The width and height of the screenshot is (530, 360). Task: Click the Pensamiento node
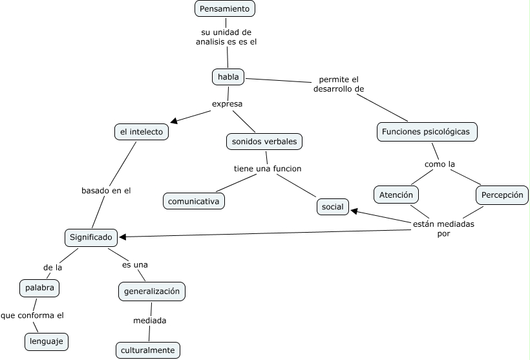pos(225,8)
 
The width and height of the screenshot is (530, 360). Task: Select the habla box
pos(228,77)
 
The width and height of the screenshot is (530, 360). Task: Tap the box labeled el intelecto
pos(142,132)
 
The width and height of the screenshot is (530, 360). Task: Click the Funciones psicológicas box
pos(427,132)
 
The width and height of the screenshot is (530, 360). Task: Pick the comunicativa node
pos(194,201)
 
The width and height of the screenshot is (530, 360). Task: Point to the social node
pos(333,207)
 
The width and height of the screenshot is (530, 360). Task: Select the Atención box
pos(396,194)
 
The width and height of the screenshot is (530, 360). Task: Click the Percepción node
pos(502,194)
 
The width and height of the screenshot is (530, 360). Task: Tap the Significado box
pos(92,237)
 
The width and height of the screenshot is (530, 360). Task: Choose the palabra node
pos(39,288)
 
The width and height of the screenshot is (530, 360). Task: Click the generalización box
pos(152,291)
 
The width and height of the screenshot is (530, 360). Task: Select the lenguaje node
pos(47,341)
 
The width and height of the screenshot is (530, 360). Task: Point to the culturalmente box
pos(147,350)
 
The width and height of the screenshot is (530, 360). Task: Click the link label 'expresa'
pos(228,103)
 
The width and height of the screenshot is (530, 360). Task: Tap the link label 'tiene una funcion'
pos(268,169)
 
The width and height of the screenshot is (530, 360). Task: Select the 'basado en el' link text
pos(106,191)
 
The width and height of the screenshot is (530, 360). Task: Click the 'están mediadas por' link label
pos(443,229)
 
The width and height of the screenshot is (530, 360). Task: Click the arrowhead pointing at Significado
pos(123,237)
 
